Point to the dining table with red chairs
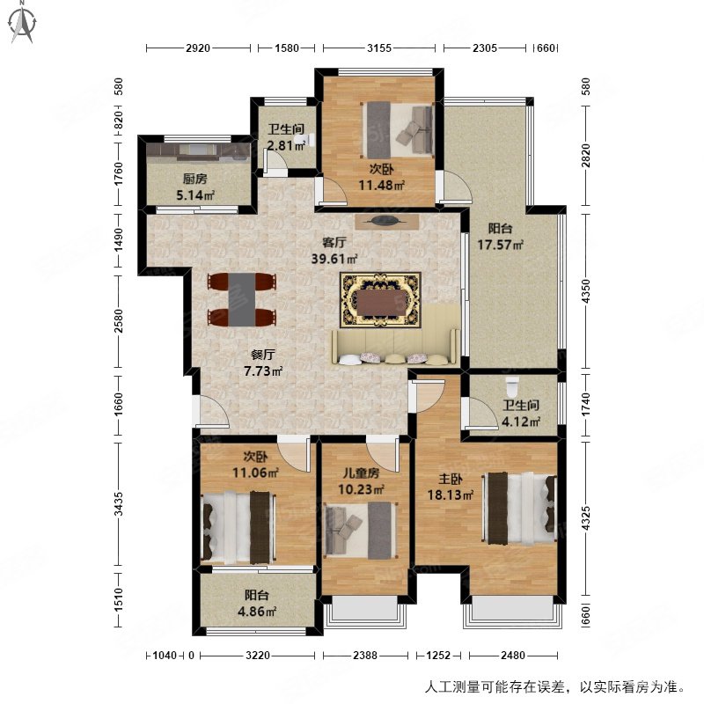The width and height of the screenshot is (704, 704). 242,299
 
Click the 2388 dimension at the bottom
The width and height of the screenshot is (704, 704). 367,656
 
